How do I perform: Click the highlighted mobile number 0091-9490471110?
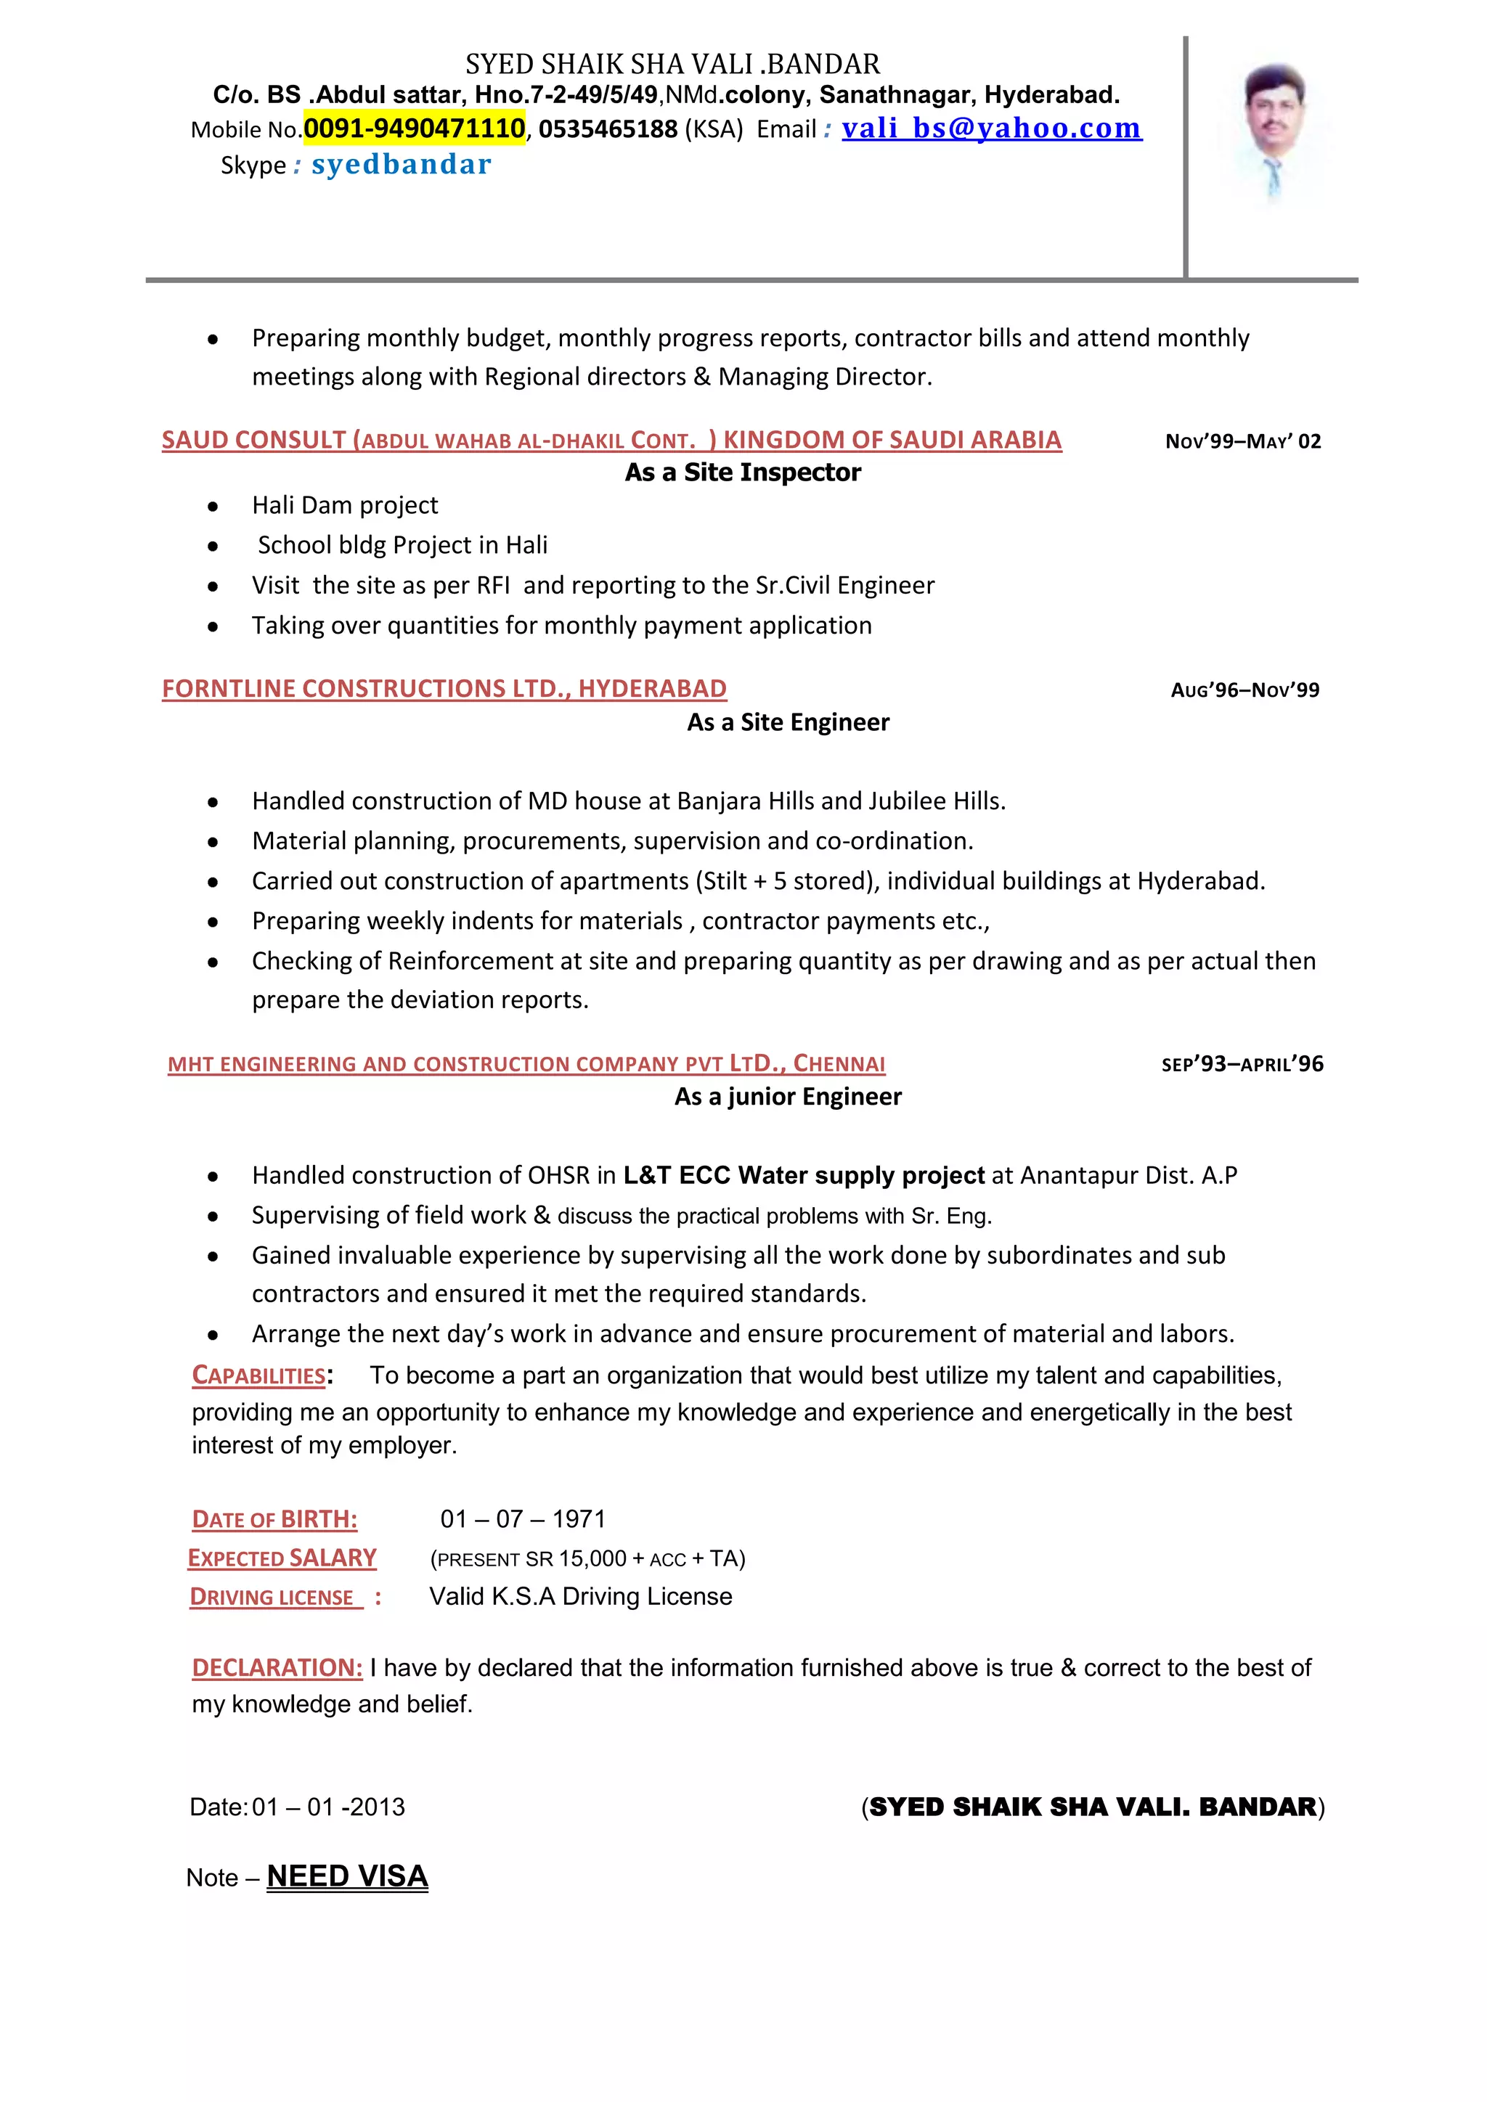click(x=414, y=128)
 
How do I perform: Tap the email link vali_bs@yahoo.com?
click(x=992, y=128)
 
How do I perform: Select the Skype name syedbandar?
click(x=401, y=165)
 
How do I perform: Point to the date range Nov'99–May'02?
click(x=1242, y=441)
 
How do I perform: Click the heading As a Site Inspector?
click(x=743, y=473)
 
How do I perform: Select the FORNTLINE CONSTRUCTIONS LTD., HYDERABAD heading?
click(x=444, y=689)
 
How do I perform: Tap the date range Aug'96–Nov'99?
click(x=1244, y=690)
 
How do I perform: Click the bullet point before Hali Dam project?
click(x=213, y=507)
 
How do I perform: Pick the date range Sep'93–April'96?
click(x=1242, y=1064)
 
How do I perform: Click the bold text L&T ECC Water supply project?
click(x=803, y=1176)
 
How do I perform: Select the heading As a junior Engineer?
click(x=788, y=1097)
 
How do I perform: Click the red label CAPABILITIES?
click(x=259, y=1375)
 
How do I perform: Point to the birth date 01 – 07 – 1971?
click(x=523, y=1519)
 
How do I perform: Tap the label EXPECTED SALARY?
click(x=282, y=1558)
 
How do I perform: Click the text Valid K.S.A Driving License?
click(x=581, y=1597)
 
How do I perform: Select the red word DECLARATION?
click(x=277, y=1667)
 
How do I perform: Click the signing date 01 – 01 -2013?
click(x=327, y=1807)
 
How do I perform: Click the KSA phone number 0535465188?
click(x=608, y=129)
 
